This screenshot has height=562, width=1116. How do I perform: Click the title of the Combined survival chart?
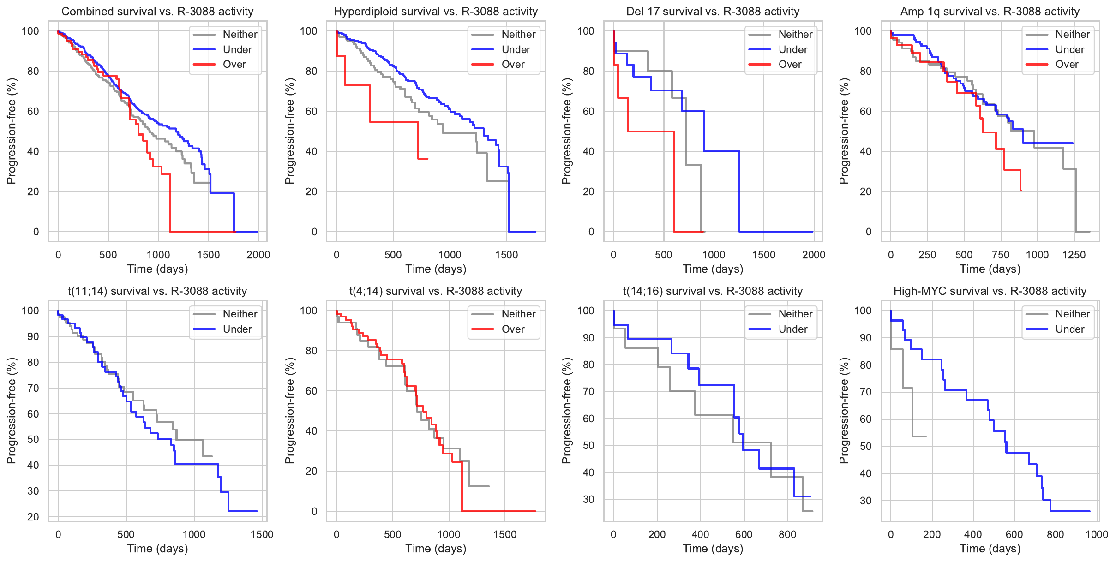157,12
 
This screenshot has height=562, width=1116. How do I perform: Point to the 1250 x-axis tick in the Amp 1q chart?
1074,255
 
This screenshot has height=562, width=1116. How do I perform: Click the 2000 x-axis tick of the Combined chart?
258,255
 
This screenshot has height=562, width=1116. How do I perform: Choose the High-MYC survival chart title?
990,291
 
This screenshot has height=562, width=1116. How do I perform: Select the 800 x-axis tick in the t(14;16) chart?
787,534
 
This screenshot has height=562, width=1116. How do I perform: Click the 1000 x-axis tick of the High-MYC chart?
1097,534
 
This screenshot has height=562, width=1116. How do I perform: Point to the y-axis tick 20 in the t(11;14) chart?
33,517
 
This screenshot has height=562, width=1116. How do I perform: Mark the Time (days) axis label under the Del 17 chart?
713,269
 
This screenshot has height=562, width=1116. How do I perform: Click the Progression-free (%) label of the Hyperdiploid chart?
289,131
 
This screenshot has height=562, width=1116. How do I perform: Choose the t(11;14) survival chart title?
157,291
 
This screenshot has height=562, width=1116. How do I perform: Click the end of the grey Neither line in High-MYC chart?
926,436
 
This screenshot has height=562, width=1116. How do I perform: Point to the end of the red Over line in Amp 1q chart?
1021,191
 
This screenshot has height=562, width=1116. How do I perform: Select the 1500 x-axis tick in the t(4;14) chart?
505,534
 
